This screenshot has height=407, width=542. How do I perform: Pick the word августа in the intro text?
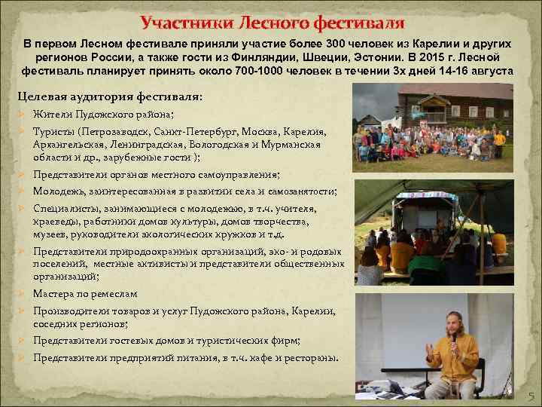tap(487, 71)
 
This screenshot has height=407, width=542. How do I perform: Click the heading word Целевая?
tap(44, 96)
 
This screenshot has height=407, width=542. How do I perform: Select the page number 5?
tap(530, 396)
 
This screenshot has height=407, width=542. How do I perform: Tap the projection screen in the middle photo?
tap(419, 215)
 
